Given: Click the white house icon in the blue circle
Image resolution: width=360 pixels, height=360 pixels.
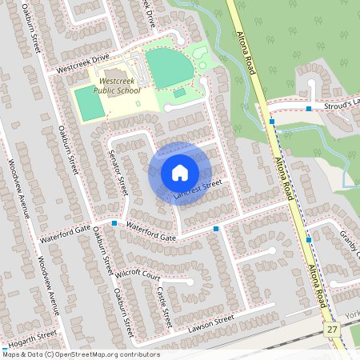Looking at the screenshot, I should [x=180, y=172].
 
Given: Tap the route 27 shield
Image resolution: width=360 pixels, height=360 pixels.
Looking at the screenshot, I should [x=332, y=330].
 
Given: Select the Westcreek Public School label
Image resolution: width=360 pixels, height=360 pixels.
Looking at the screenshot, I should [x=117, y=86].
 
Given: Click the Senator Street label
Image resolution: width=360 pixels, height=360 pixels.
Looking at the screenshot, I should [x=122, y=174].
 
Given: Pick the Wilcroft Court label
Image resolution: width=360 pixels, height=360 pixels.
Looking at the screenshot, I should [x=138, y=274].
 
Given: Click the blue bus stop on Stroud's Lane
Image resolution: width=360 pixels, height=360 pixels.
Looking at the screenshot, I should [x=309, y=108].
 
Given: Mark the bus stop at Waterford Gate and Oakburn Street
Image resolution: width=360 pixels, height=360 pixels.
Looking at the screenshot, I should [x=114, y=223].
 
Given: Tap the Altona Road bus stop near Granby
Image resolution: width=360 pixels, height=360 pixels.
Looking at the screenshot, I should [x=309, y=239].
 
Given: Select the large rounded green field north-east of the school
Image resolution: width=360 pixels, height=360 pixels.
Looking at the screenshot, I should [x=168, y=68].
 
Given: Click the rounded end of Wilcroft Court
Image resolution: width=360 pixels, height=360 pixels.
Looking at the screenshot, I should [x=190, y=282].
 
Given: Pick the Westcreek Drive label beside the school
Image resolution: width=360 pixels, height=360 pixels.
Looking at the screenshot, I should [x=80, y=66].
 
